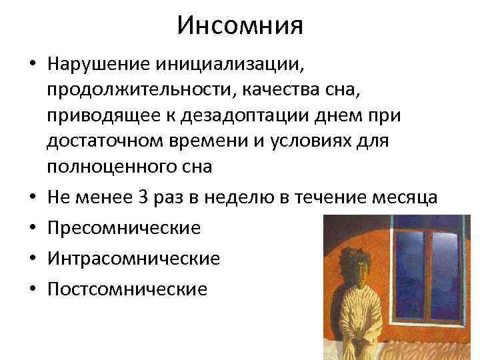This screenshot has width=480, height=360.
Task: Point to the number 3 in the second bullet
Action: pyautogui.click(x=179, y=197)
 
